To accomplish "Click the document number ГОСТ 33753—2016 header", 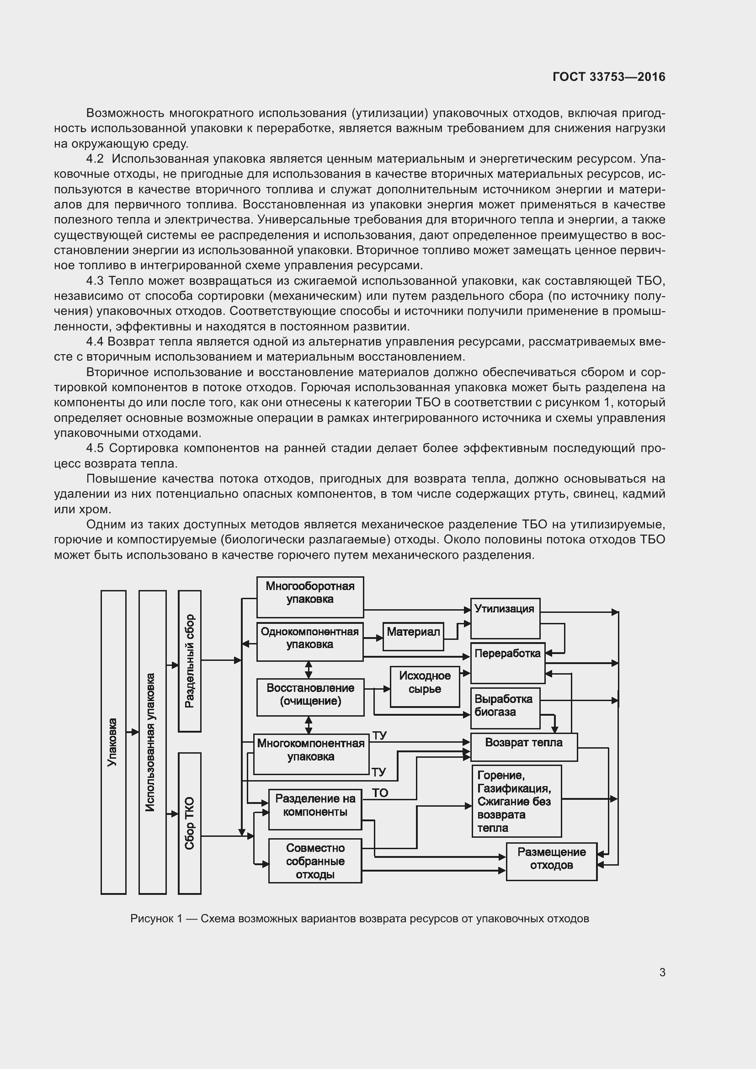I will tap(608, 77).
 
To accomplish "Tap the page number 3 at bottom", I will tap(662, 973).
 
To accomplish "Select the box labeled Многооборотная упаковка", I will tap(310, 597).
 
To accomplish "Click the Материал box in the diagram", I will tap(413, 637).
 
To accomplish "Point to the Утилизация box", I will tap(505, 618).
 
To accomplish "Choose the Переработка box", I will tap(507, 663).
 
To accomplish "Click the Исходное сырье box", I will tap(425, 687).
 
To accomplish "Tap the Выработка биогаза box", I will tap(505, 708).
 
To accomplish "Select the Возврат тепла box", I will tap(524, 747).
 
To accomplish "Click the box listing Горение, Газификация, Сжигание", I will tap(516, 801).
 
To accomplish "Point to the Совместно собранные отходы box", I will tap(315, 862).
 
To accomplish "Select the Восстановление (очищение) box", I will tap(310, 697).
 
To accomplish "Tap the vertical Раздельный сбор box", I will tap(190, 661).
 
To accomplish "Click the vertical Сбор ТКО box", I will tap(190, 823).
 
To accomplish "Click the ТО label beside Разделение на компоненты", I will tap(380, 793).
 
